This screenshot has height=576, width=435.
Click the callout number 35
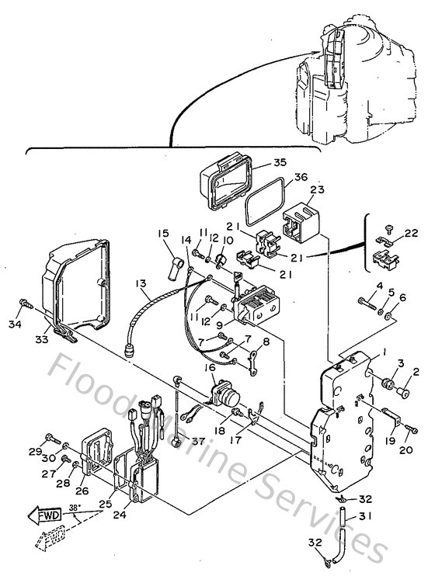[259, 163]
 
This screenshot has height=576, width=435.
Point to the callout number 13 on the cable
[140, 286]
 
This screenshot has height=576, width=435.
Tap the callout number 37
[198, 442]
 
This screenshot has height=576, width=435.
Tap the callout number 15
[162, 232]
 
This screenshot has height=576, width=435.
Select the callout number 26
[82, 490]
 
